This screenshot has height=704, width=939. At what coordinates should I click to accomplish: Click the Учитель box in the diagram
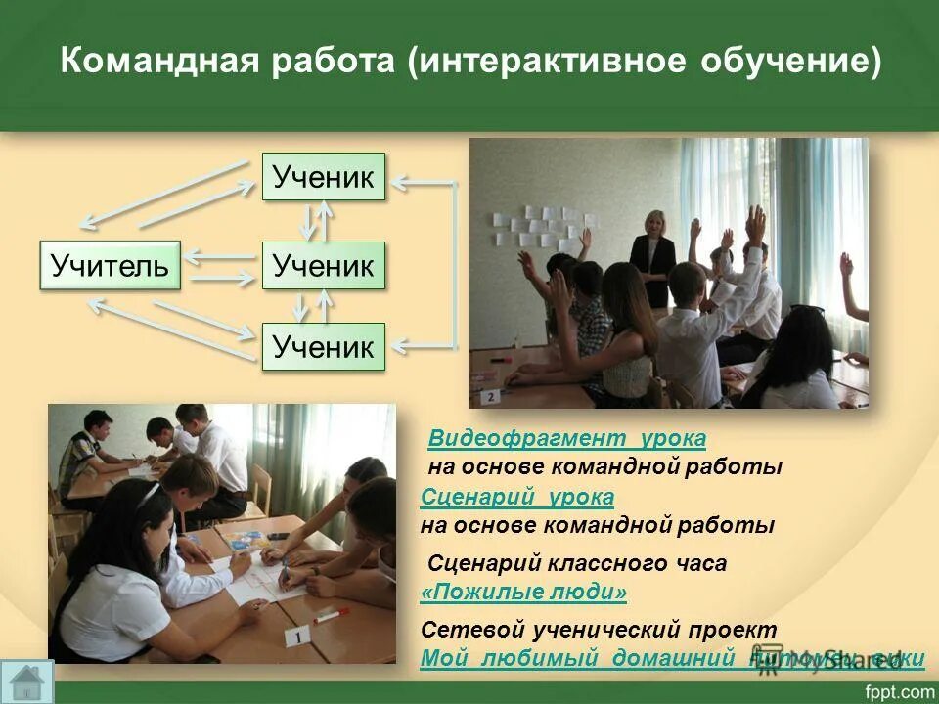110,265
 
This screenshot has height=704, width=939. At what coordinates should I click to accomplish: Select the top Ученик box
323,177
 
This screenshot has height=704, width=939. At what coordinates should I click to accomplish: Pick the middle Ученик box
323,265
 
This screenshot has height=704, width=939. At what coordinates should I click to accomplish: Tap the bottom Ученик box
323,346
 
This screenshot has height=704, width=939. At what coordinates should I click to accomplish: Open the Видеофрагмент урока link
567,438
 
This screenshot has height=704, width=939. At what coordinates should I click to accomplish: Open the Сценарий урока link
517,497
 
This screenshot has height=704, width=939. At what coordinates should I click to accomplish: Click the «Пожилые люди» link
523,593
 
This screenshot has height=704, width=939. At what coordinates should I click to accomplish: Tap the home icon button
27,681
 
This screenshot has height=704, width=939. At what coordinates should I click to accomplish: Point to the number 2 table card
489,396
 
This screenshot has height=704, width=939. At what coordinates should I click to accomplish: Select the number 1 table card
296,637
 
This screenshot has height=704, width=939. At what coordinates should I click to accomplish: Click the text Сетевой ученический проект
599,629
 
